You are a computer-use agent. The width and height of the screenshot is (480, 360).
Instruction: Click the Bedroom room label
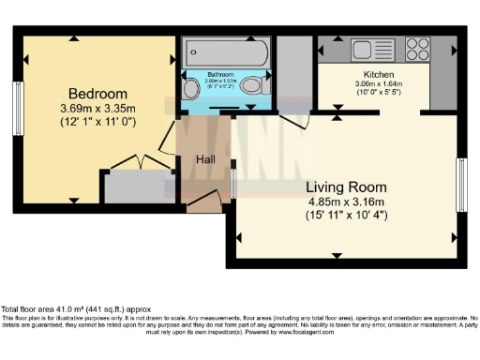(97, 94)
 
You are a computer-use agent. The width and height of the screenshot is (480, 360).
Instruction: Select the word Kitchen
(373, 74)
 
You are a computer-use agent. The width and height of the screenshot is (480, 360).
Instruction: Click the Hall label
(206, 160)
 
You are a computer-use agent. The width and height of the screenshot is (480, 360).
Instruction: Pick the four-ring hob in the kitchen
(418, 49)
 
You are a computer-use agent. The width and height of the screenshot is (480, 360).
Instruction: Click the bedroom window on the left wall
(18, 109)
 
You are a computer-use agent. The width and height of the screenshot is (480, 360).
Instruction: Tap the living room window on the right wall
(460, 185)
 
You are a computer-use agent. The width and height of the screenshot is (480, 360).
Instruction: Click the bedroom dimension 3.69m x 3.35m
(97, 109)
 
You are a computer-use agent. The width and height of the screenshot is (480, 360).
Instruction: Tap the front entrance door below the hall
(204, 202)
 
